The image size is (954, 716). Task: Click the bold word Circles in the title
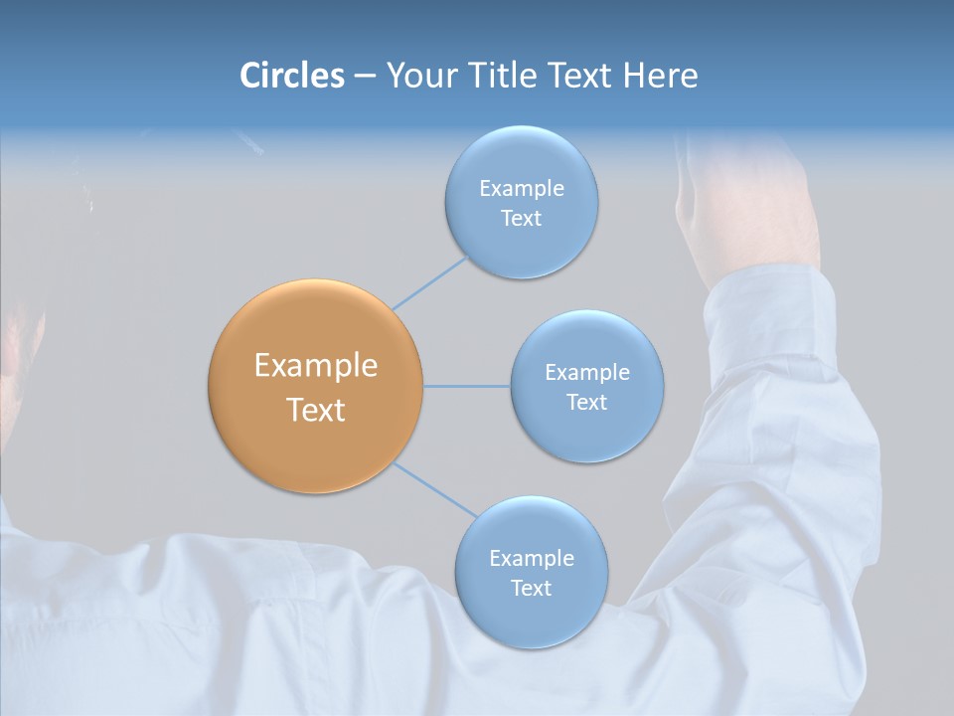[x=291, y=76]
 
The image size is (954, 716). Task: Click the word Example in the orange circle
[x=315, y=366]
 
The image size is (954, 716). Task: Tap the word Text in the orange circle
[x=315, y=410]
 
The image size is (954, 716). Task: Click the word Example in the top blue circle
[x=521, y=189]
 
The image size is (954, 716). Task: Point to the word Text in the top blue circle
[x=521, y=219]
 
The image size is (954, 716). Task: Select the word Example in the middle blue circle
[x=586, y=373]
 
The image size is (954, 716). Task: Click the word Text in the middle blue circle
[x=586, y=403]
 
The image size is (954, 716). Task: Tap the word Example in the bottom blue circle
[x=531, y=559]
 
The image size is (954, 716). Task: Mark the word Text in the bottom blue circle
[x=531, y=589]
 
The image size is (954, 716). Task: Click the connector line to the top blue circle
[x=429, y=282]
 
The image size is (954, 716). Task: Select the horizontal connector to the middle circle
[x=467, y=386]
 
